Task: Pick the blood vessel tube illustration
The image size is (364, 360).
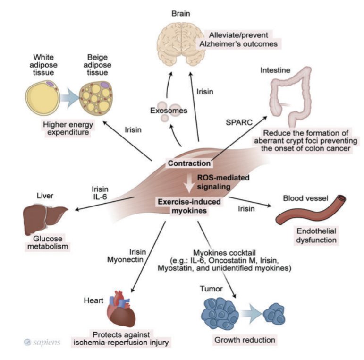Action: pos(304,214)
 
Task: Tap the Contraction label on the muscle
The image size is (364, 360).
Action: pos(189,163)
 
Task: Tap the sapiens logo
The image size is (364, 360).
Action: pos(42,342)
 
